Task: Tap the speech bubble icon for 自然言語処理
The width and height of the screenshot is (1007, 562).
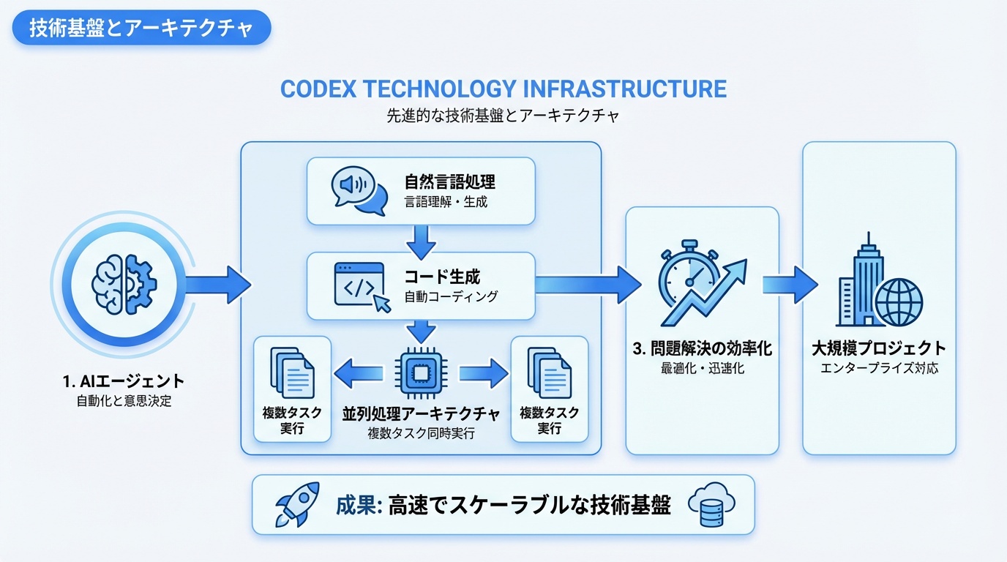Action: pos(359,191)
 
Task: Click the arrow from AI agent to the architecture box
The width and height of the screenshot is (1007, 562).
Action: pos(217,284)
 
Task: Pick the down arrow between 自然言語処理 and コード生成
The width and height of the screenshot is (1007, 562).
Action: pos(421,239)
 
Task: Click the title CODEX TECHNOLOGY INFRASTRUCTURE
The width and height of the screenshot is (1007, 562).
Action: pos(503,89)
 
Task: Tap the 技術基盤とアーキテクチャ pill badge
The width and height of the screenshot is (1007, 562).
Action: pos(141,29)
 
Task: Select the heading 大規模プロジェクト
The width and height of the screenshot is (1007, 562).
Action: pos(879,349)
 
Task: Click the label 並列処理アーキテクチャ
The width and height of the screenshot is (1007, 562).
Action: pos(421,414)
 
